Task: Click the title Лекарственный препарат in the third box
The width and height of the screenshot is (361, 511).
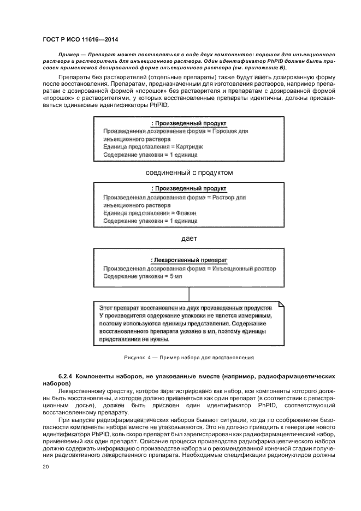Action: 189,260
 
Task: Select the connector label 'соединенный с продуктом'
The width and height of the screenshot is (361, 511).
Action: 189,173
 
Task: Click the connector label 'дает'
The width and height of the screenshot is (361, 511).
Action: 189,238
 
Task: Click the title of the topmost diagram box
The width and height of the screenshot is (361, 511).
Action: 189,123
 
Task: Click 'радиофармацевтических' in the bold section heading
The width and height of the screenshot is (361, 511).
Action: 283,377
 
